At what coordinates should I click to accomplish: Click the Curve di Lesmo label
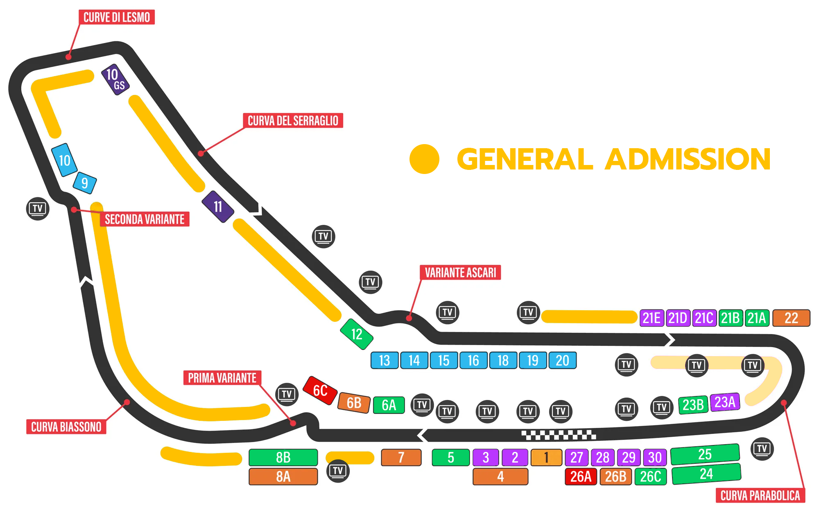click(x=117, y=17)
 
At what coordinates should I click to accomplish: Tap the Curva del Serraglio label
click(x=293, y=120)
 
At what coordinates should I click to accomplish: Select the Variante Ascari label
click(x=460, y=272)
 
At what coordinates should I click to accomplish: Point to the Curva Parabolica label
click(x=760, y=495)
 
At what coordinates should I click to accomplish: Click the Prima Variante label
click(x=222, y=377)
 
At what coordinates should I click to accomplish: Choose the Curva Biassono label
click(x=66, y=427)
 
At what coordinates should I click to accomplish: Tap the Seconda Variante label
click(x=145, y=219)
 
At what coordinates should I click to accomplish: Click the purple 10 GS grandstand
click(x=115, y=79)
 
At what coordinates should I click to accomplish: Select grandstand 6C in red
click(x=320, y=391)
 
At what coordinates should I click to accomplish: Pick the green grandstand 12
click(x=357, y=334)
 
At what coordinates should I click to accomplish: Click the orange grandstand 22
click(x=791, y=318)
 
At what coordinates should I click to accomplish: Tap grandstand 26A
click(x=581, y=477)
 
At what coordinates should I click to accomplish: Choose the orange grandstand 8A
click(x=283, y=477)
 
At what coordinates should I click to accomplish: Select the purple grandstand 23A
click(x=725, y=402)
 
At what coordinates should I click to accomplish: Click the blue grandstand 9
click(x=85, y=183)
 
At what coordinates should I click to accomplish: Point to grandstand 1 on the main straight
click(x=546, y=457)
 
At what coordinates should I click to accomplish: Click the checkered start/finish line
click(x=559, y=435)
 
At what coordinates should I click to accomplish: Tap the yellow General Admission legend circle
click(x=424, y=159)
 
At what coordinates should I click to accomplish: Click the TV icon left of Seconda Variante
click(x=38, y=209)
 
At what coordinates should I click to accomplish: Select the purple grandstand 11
click(x=218, y=207)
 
